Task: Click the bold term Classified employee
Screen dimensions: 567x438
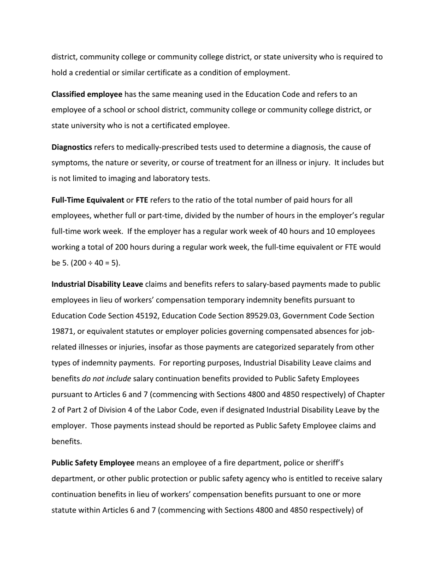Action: (87, 94)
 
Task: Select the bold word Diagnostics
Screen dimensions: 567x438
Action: (71, 148)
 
